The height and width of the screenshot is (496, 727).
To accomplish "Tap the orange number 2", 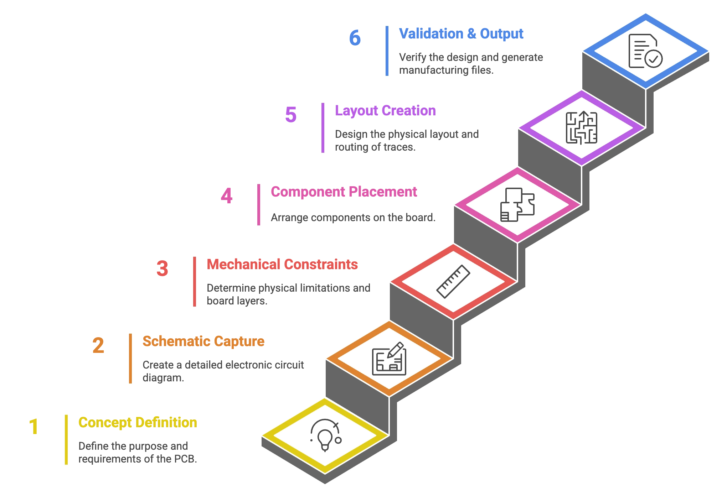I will pyautogui.click(x=98, y=345).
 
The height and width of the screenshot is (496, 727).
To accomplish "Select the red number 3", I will pyautogui.click(x=162, y=268).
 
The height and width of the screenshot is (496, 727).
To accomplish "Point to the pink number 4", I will pyautogui.click(x=227, y=196).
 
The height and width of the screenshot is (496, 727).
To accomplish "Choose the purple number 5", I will pyautogui.click(x=291, y=114).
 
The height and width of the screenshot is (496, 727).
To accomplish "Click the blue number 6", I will pyautogui.click(x=355, y=38).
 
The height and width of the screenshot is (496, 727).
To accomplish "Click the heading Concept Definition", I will pyautogui.click(x=137, y=423).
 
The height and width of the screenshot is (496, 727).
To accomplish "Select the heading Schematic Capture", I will pyautogui.click(x=203, y=341).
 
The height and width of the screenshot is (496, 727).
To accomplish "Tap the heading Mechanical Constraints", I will pyautogui.click(x=282, y=264).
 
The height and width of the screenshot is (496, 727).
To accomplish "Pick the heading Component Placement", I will pyautogui.click(x=344, y=192).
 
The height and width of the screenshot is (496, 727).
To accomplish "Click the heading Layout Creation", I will pyautogui.click(x=385, y=110).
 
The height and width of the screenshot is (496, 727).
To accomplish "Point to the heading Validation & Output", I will pyautogui.click(x=461, y=33).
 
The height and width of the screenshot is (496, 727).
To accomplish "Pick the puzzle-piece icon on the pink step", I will pyautogui.click(x=517, y=204).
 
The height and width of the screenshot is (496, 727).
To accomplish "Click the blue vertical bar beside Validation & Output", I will pyautogui.click(x=386, y=51).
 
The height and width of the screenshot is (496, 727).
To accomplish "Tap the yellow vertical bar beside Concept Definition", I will pyautogui.click(x=67, y=440).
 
